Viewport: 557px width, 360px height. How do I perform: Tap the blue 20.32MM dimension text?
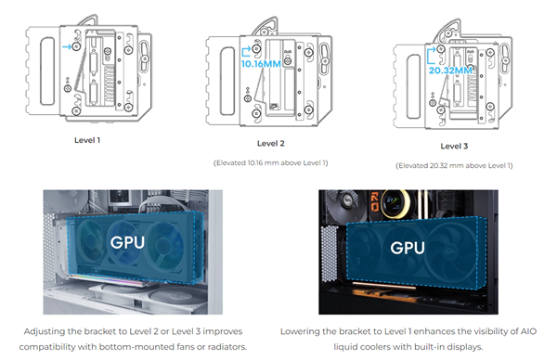451,68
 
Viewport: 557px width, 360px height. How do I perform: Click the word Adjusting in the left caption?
72,329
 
